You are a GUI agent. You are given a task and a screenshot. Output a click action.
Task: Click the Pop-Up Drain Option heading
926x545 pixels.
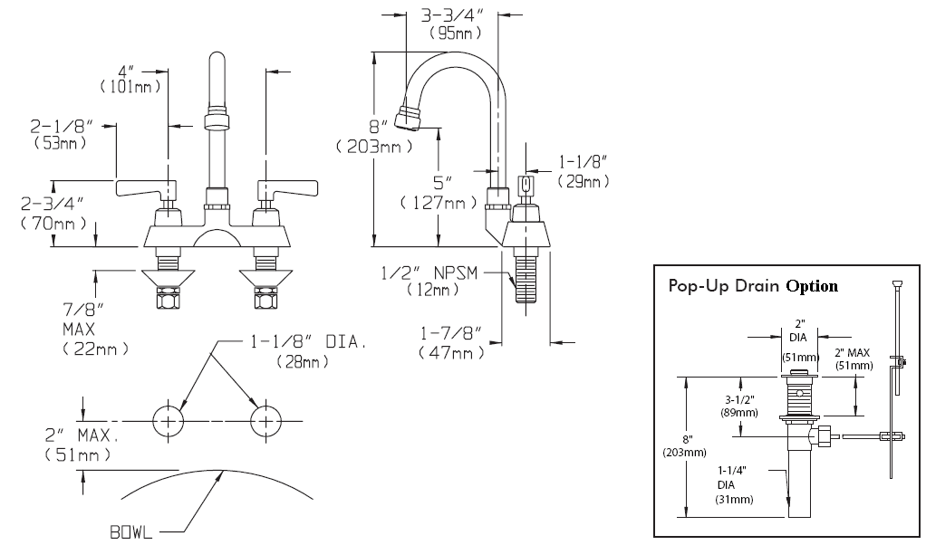(752, 285)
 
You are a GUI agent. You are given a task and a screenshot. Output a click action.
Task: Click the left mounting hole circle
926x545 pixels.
(169, 421)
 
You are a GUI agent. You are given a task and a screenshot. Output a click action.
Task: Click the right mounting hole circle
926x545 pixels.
(265, 421)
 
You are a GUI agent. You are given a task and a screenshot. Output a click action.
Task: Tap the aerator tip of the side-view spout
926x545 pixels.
(407, 118)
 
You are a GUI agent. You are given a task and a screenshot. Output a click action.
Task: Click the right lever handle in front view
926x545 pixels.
(288, 188)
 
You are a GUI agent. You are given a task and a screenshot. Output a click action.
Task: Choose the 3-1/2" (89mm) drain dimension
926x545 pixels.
(739, 404)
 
